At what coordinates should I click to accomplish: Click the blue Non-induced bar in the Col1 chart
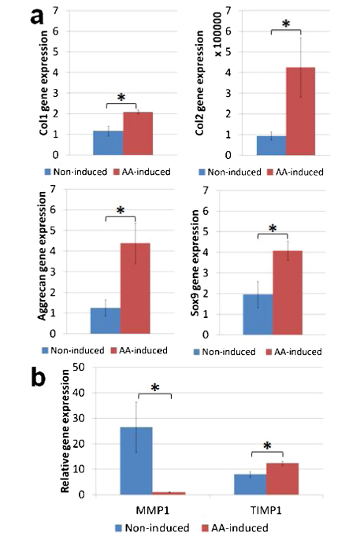click(x=108, y=143)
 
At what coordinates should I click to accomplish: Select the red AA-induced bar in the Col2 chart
click(x=300, y=111)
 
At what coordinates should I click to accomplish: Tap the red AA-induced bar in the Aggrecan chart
click(x=135, y=288)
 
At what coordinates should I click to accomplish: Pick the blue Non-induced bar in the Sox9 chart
click(x=258, y=314)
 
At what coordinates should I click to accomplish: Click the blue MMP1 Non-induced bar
click(x=136, y=460)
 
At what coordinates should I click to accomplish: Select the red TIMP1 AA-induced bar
click(x=282, y=479)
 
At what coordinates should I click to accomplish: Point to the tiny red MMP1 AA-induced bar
click(x=169, y=493)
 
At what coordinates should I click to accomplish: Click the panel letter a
click(x=37, y=17)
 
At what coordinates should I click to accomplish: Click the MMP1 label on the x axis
click(x=153, y=510)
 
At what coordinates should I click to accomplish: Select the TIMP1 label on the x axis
click(x=266, y=510)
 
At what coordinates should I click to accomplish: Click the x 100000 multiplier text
click(x=217, y=34)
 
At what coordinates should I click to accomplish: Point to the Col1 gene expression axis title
click(x=43, y=83)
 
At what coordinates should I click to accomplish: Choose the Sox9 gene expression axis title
click(x=195, y=263)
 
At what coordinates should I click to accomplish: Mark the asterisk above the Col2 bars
click(x=286, y=24)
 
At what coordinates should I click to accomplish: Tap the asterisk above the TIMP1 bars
click(x=267, y=445)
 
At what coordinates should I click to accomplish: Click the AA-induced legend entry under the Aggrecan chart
click(x=139, y=350)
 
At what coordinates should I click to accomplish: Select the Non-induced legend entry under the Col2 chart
click(x=230, y=172)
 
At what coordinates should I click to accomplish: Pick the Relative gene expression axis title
click(x=65, y=431)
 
